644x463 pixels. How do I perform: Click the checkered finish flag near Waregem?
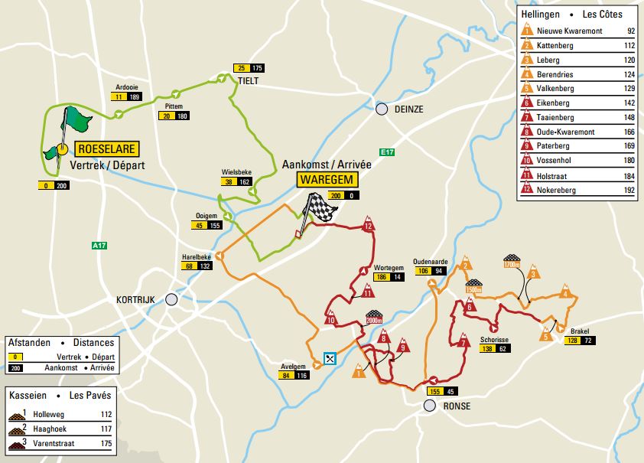click(x=319, y=207)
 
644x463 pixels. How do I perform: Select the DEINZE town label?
click(x=408, y=109)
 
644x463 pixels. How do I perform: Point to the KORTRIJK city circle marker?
click(x=171, y=300)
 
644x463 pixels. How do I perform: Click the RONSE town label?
click(x=456, y=406)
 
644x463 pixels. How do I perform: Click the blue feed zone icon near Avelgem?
click(x=330, y=357)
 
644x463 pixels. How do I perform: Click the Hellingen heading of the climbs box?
click(x=539, y=14)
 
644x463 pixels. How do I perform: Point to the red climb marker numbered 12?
click(x=369, y=226)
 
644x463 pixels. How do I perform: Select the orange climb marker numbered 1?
click(x=359, y=373)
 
